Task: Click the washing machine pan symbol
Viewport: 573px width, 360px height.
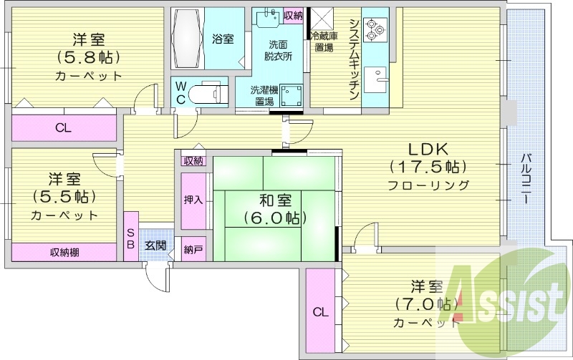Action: pos(290,95)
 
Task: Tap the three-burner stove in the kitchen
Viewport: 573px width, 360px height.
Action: pos(375,28)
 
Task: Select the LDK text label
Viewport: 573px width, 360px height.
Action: pos(428,150)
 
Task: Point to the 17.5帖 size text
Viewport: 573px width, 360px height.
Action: pos(428,167)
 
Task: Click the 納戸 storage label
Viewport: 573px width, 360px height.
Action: pos(193,250)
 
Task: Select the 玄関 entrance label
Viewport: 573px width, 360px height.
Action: pos(155,245)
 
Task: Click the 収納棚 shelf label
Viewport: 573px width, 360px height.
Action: pos(64,252)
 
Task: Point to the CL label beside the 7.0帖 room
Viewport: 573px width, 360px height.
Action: pos(320,311)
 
